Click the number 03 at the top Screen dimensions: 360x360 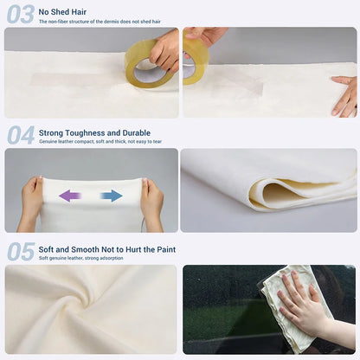[x=21, y=14]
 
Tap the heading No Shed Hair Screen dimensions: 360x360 [x=62, y=11]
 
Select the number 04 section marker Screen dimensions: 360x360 [x=21, y=134]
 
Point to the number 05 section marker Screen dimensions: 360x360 [x=21, y=251]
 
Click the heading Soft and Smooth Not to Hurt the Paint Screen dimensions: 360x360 [x=107, y=248]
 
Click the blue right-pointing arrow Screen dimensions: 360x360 [x=111, y=196]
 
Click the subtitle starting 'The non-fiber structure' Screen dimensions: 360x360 [x=100, y=21]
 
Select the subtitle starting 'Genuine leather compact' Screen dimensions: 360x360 [x=100, y=141]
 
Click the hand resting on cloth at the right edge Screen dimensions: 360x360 [x=344, y=95]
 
